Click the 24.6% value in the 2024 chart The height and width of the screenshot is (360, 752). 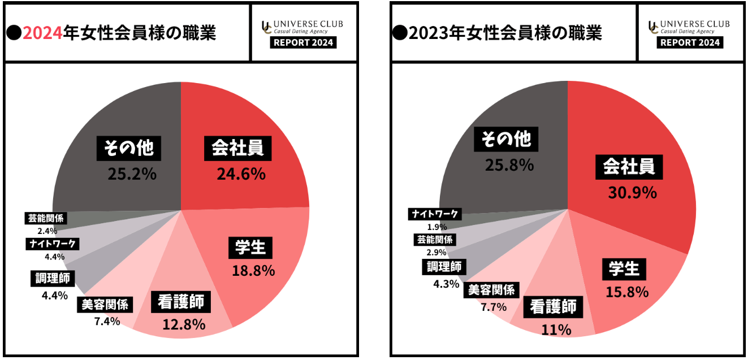241,174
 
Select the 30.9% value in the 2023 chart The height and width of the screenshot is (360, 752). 632,192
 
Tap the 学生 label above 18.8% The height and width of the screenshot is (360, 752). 250,248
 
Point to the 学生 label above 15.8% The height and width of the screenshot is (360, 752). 624,268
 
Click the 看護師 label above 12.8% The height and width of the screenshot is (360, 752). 180,302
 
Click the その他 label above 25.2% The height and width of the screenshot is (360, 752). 128,148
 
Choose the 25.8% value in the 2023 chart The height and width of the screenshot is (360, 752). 509,165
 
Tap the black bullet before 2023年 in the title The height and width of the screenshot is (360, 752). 400,33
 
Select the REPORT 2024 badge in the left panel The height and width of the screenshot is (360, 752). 303,42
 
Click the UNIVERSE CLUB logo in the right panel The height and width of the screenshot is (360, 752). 689,27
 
